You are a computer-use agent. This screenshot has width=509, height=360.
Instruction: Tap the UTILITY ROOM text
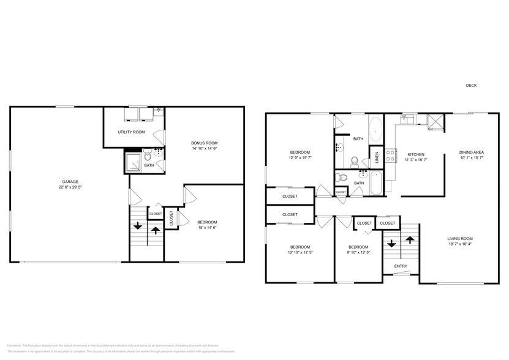tap(131, 132)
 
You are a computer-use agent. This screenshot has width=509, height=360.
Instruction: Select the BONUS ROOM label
tap(203, 141)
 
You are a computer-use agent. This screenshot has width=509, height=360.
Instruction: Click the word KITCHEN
tap(415, 154)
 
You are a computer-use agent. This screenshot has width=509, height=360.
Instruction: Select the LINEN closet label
tap(376, 158)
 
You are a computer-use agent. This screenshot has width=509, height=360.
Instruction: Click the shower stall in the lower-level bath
tap(134, 162)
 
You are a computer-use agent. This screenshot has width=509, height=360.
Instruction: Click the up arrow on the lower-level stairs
tap(155, 231)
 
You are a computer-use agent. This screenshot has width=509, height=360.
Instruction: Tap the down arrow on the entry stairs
tap(391, 243)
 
